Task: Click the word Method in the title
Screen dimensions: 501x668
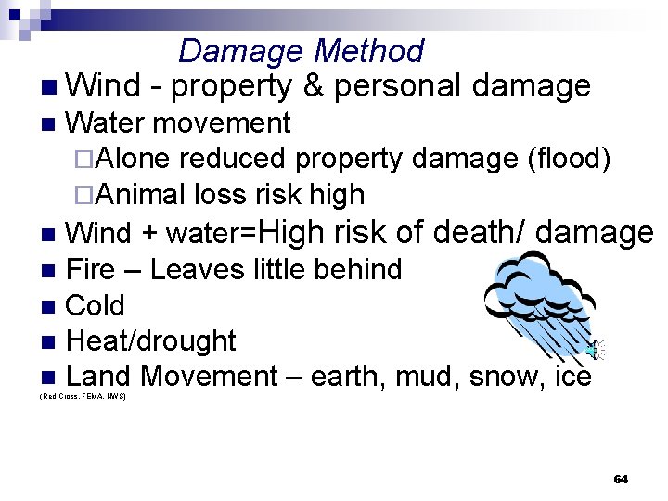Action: click(x=369, y=51)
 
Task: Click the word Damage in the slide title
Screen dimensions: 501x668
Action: click(x=242, y=51)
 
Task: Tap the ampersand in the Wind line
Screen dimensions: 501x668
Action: click(x=313, y=86)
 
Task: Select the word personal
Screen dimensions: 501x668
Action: click(x=398, y=86)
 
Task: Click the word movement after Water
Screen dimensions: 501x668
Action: click(x=222, y=122)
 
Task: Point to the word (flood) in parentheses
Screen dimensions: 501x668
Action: click(x=568, y=159)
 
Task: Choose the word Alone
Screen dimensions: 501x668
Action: click(x=131, y=159)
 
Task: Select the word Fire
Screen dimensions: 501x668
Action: click(x=91, y=270)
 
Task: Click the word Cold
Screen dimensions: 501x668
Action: click(x=96, y=305)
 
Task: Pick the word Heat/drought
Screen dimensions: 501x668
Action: click(x=151, y=341)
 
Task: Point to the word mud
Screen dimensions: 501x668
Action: click(x=431, y=377)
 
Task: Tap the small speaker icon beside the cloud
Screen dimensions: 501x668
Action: click(x=597, y=350)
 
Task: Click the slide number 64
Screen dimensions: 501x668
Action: click(x=621, y=479)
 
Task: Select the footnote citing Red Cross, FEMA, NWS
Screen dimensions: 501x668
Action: click(x=83, y=396)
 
